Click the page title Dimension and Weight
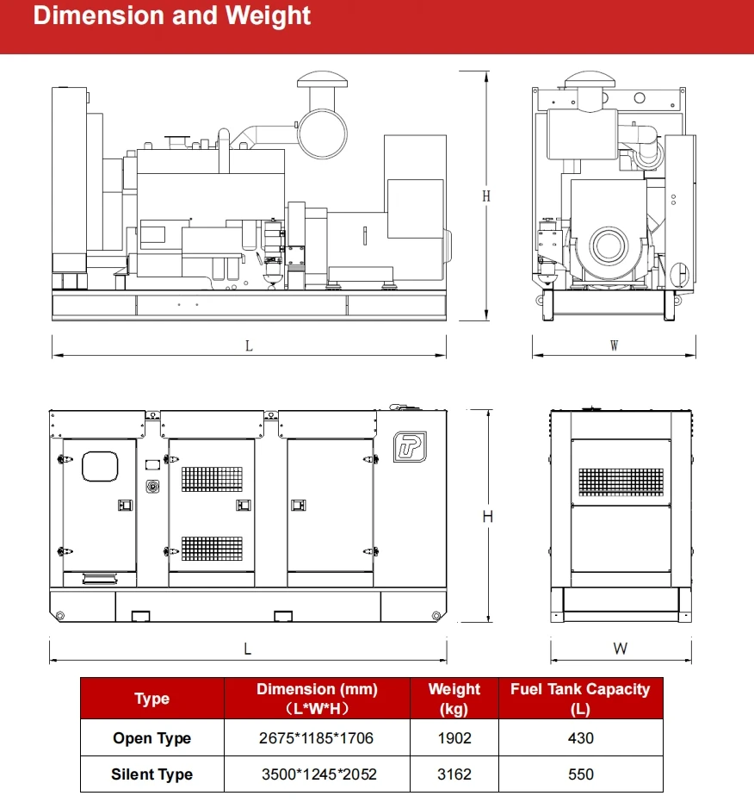pos(172,16)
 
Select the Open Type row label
pos(151,738)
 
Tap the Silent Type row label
pos(151,774)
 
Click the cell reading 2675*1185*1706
pos(317,738)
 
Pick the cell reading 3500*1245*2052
pos(318,774)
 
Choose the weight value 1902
pos(454,738)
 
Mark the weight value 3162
pos(454,774)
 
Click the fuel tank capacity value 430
pos(581,738)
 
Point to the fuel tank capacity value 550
pos(581,774)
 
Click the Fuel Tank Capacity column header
pos(580,699)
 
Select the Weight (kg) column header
pos(454,699)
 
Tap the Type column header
pos(151,699)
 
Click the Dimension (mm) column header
pos(317,699)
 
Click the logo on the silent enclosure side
pos(410,445)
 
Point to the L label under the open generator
pos(249,346)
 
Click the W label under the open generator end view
pos(614,346)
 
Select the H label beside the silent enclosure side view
pos(487,517)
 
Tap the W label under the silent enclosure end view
pos(620,649)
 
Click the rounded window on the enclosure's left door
pos(99,465)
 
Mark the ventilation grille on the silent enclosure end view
pos(621,481)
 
